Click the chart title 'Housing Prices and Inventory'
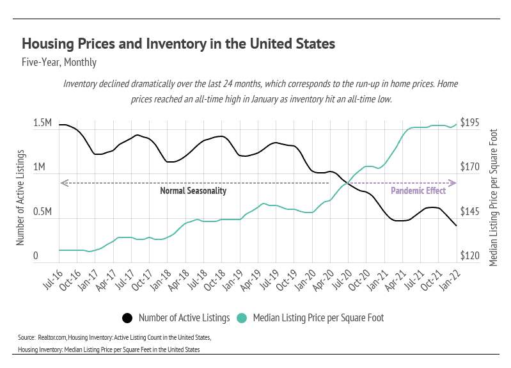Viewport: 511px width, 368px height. (178, 44)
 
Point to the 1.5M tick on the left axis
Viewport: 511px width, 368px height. (43, 123)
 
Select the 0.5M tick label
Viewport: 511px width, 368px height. (43, 212)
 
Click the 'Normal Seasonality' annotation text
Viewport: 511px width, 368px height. (193, 191)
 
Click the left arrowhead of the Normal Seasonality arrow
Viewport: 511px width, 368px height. (62, 184)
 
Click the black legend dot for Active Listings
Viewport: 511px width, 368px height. (127, 317)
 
